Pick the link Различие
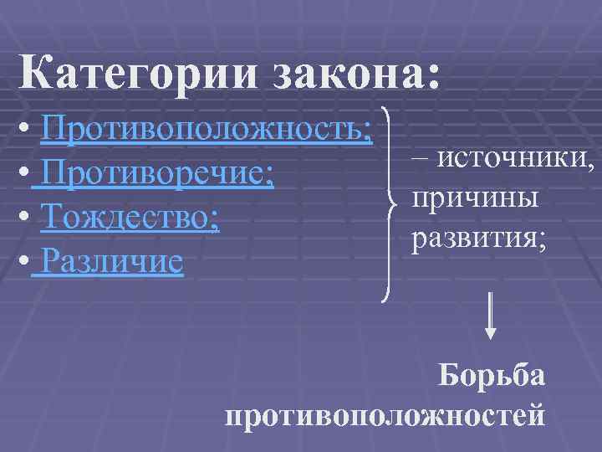(111, 264)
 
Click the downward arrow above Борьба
(491, 315)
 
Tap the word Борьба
(492, 374)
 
